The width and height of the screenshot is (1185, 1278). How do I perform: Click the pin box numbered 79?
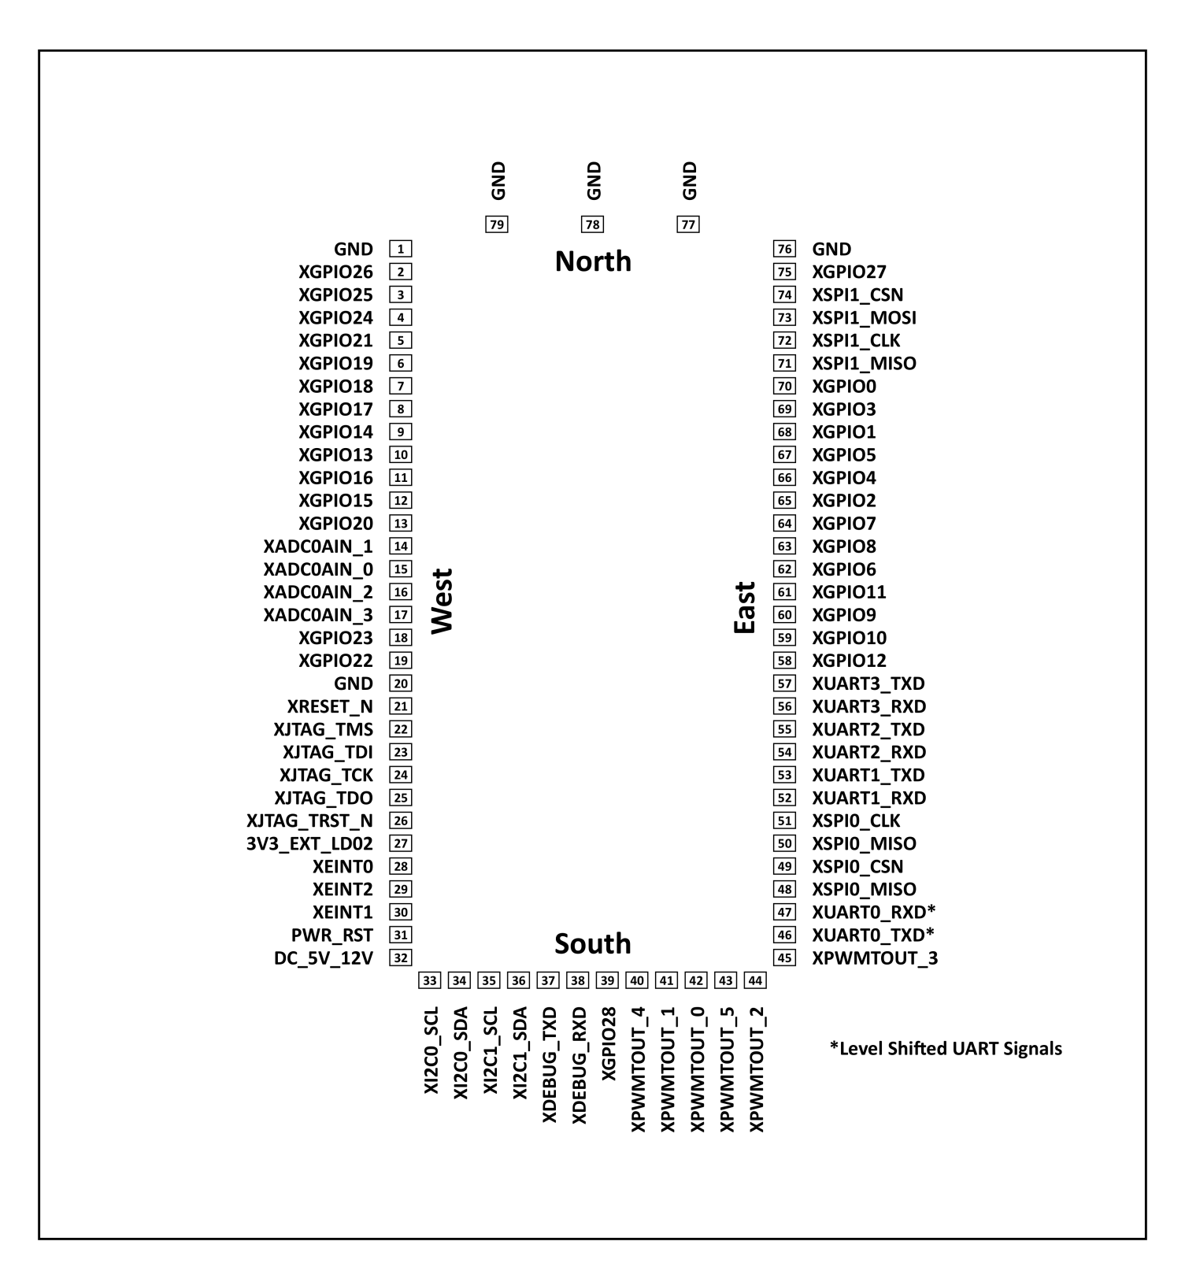pyautogui.click(x=497, y=225)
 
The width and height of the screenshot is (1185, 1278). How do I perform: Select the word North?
pyautogui.click(x=593, y=261)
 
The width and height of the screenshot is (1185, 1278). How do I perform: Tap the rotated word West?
pyautogui.click(x=443, y=602)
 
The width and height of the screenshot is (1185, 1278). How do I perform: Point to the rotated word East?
pyautogui.click(x=744, y=608)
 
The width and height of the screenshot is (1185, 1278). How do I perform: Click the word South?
pyautogui.click(x=593, y=943)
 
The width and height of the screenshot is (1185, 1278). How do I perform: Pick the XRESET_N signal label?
pyautogui.click(x=330, y=706)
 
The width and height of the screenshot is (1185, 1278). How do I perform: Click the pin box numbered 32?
pyautogui.click(x=401, y=958)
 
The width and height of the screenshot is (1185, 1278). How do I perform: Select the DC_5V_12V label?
pyautogui.click(x=324, y=958)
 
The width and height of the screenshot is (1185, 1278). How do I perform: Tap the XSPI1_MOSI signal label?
pyautogui.click(x=864, y=317)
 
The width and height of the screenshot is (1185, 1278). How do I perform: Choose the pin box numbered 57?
pyautogui.click(x=784, y=683)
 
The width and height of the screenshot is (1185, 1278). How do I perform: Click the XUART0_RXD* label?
pyautogui.click(x=873, y=912)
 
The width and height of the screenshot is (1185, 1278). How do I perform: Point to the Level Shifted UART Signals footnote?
pyautogui.click(x=946, y=1049)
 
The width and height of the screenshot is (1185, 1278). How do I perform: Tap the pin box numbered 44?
pyautogui.click(x=755, y=980)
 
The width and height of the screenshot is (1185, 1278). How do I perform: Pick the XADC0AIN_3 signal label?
pyautogui.click(x=318, y=615)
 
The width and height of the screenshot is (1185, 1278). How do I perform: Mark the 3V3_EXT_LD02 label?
pyautogui.click(x=309, y=843)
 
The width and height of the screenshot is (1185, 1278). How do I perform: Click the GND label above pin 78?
pyautogui.click(x=594, y=181)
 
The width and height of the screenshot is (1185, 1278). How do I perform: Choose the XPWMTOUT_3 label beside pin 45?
pyautogui.click(x=875, y=958)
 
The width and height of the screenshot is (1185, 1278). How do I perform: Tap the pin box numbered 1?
pyautogui.click(x=401, y=249)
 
